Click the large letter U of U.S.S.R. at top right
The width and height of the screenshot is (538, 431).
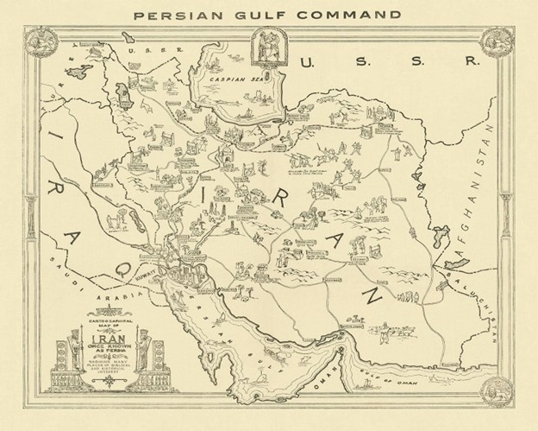(306, 61)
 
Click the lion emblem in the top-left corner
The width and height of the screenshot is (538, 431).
(39, 39)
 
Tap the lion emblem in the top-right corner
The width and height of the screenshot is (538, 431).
(497, 39)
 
